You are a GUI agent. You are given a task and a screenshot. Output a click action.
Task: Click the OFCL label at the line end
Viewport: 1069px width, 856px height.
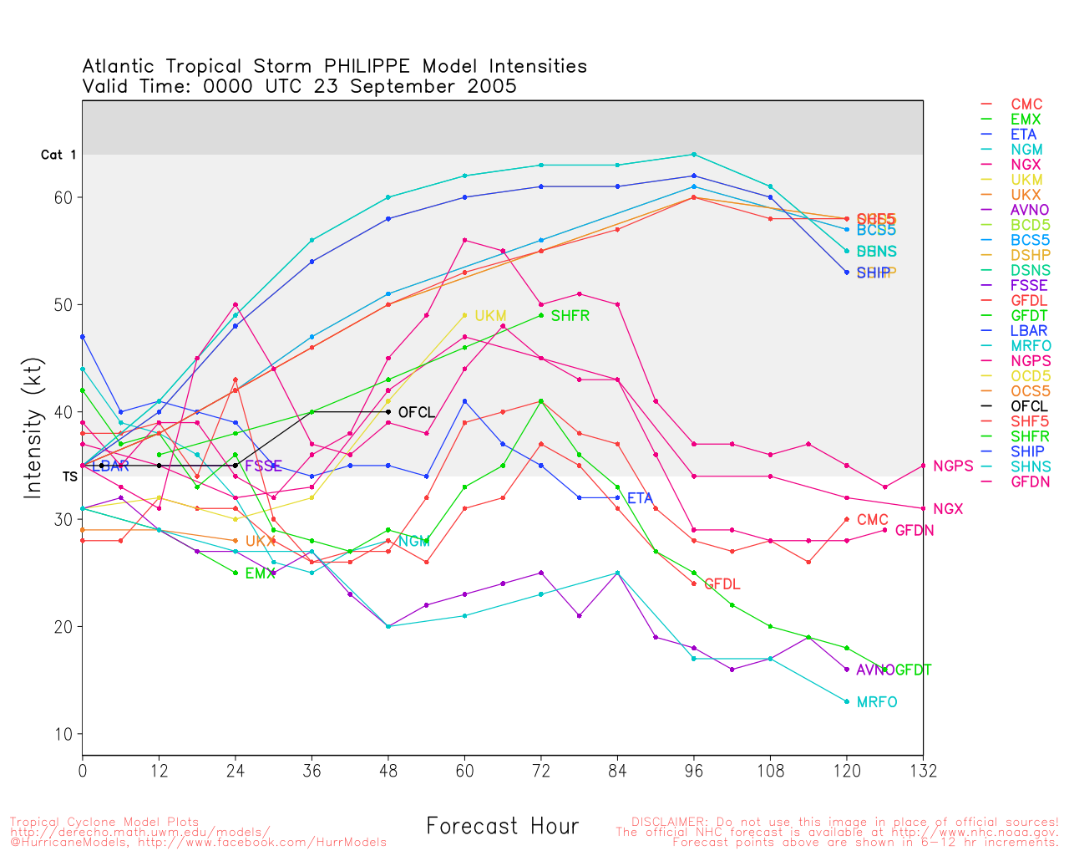416,413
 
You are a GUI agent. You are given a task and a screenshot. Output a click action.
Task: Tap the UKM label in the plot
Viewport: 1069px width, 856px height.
490,316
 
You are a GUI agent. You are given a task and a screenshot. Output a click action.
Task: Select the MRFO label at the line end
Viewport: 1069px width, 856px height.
876,702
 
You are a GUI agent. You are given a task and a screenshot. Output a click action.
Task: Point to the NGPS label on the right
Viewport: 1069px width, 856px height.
953,466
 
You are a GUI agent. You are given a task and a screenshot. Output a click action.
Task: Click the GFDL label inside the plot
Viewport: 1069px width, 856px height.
722,584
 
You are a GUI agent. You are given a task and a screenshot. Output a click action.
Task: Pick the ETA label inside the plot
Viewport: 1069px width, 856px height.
640,499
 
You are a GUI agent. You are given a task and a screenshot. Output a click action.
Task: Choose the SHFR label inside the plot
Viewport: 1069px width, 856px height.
570,316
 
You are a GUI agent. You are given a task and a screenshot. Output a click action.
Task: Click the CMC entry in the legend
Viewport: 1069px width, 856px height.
1026,104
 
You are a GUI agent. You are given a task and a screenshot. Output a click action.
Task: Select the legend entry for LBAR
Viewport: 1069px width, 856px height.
1028,330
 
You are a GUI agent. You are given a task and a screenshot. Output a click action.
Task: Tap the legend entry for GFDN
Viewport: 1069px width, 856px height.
1030,481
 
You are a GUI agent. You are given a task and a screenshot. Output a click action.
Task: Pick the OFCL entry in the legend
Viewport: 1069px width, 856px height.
1028,406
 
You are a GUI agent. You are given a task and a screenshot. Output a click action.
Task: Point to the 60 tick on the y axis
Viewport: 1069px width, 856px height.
63,198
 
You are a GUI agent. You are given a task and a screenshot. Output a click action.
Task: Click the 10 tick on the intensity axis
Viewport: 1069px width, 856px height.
63,735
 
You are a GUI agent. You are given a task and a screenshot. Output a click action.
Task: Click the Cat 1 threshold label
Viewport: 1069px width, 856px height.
58,155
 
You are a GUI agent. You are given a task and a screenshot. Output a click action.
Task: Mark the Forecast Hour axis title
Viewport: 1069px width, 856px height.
502,827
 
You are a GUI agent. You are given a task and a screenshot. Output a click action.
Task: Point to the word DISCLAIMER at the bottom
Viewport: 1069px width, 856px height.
668,822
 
